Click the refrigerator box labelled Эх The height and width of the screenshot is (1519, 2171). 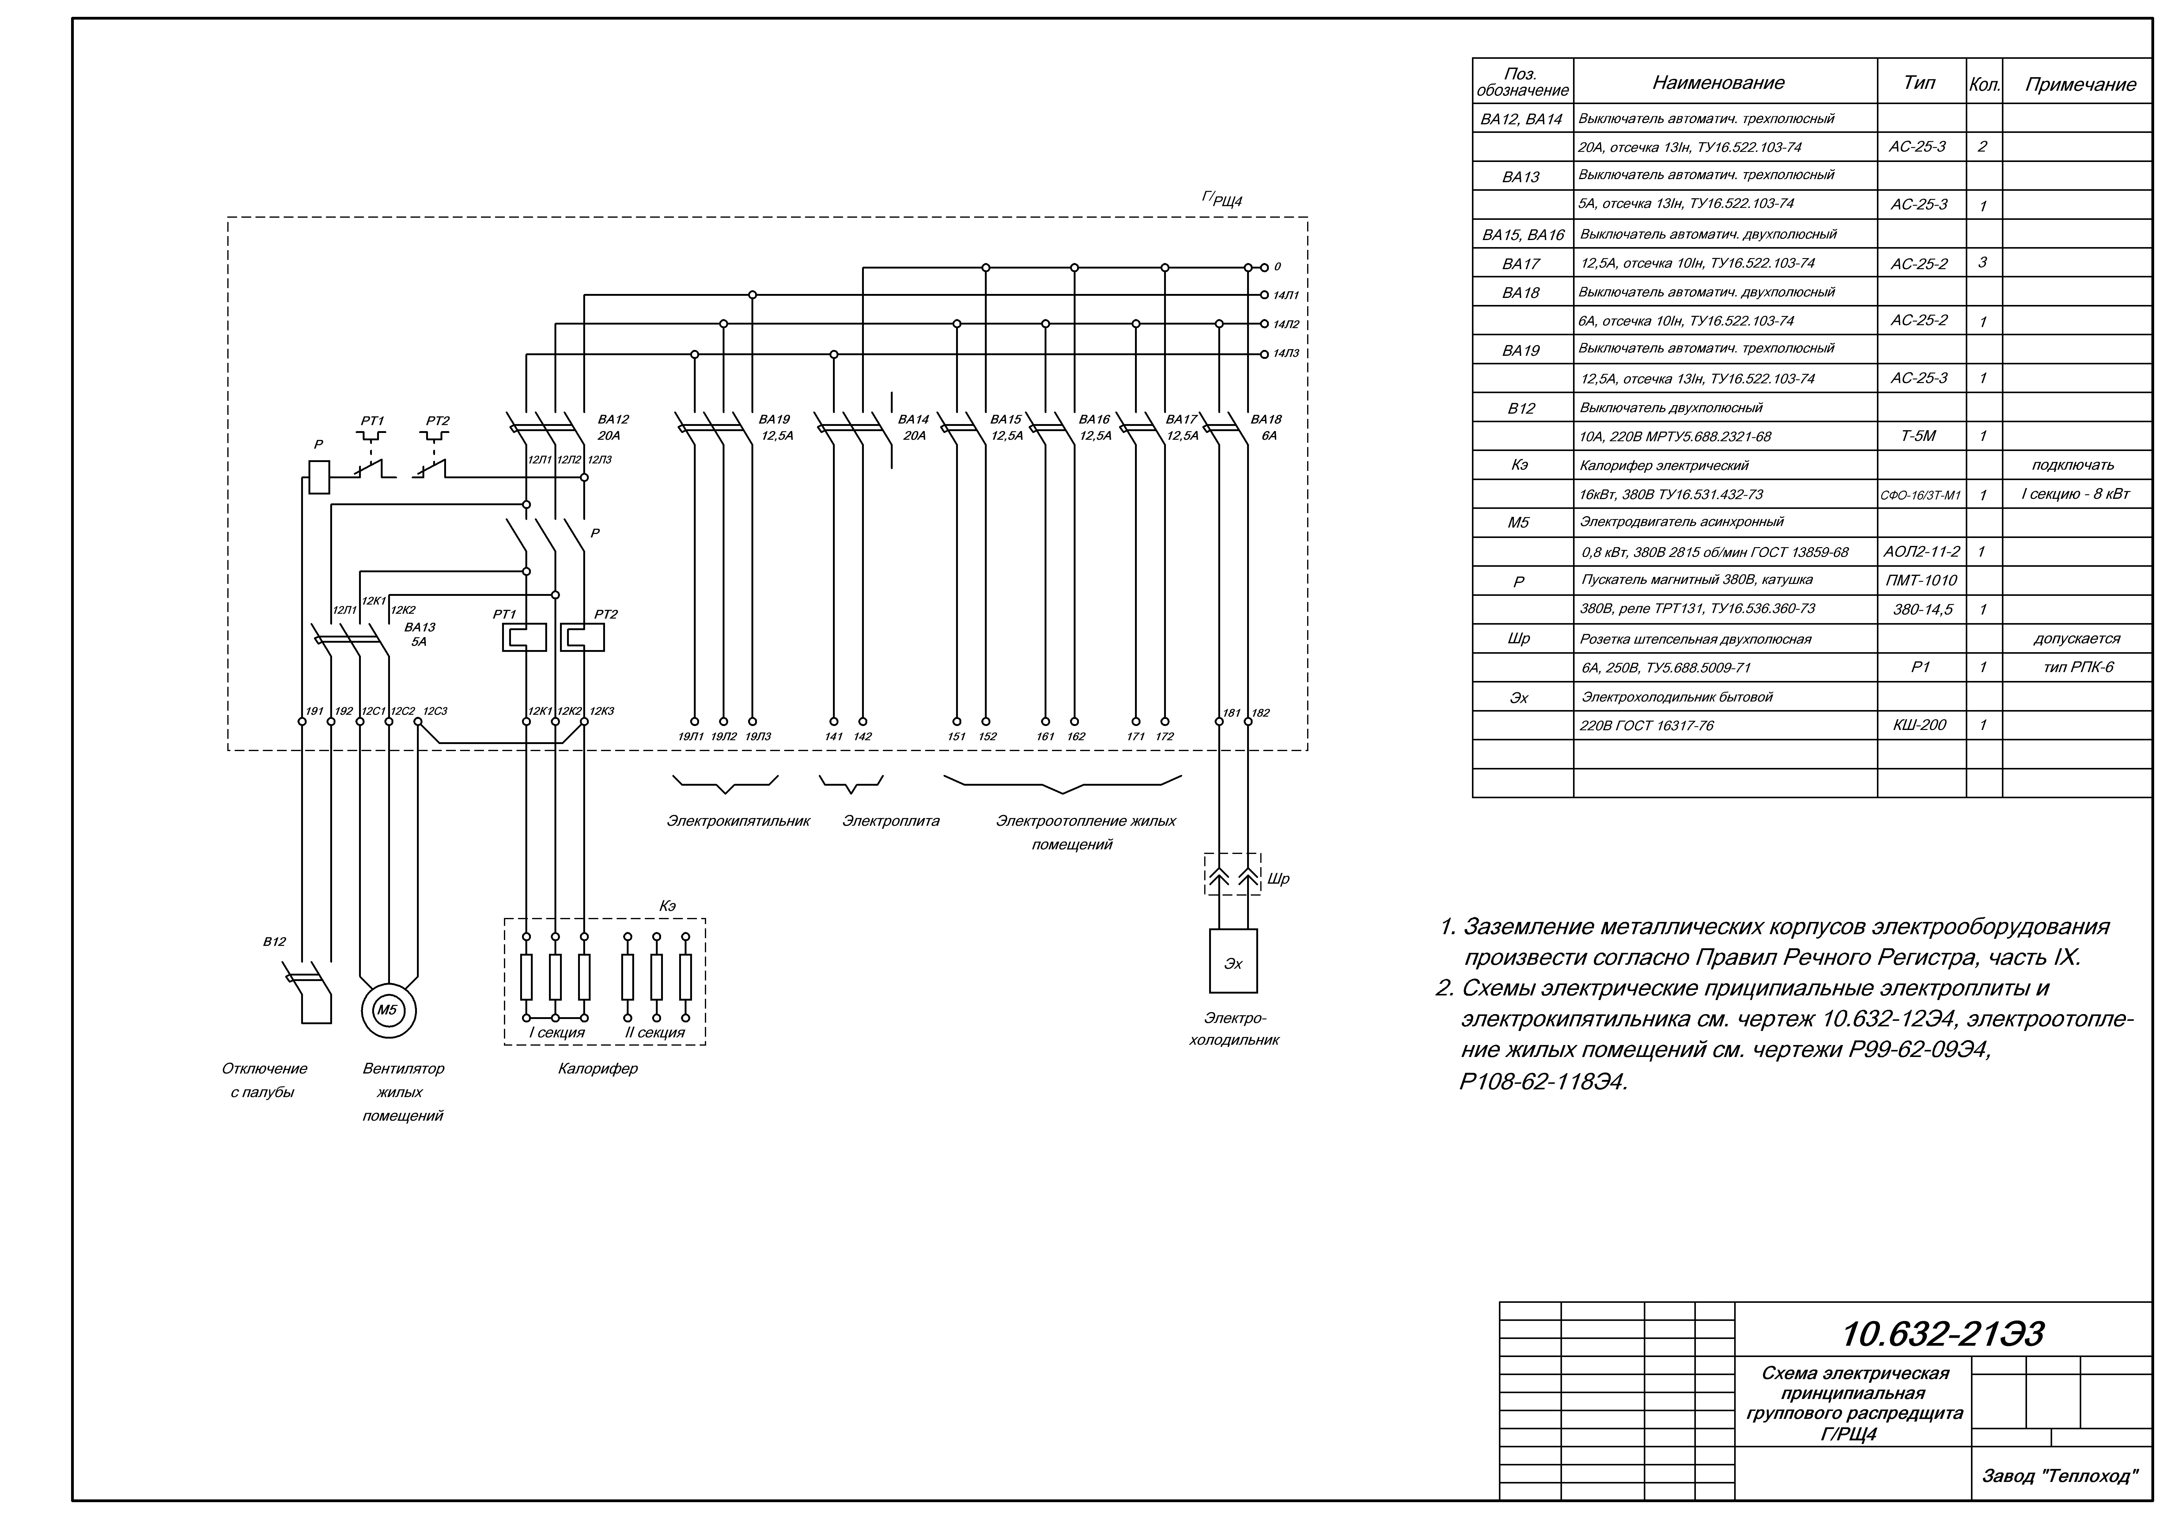click(1233, 961)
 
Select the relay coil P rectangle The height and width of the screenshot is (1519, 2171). click(320, 476)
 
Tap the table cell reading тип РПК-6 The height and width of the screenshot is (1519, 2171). click(2076, 667)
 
